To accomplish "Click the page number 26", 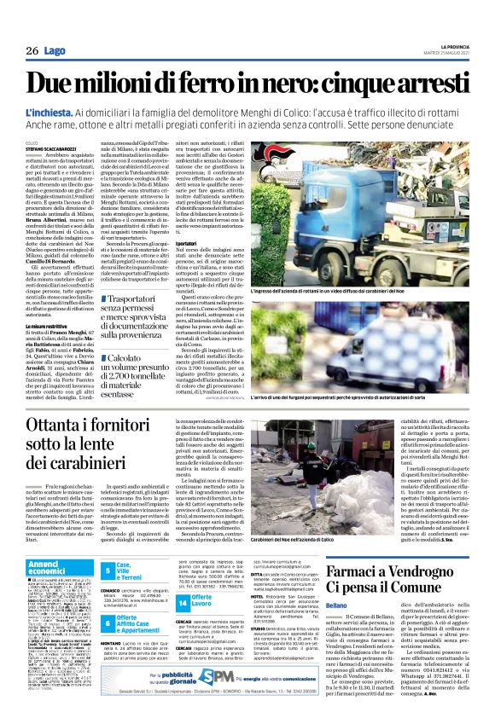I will (32, 52).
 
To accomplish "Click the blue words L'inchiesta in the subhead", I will (49, 113).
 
